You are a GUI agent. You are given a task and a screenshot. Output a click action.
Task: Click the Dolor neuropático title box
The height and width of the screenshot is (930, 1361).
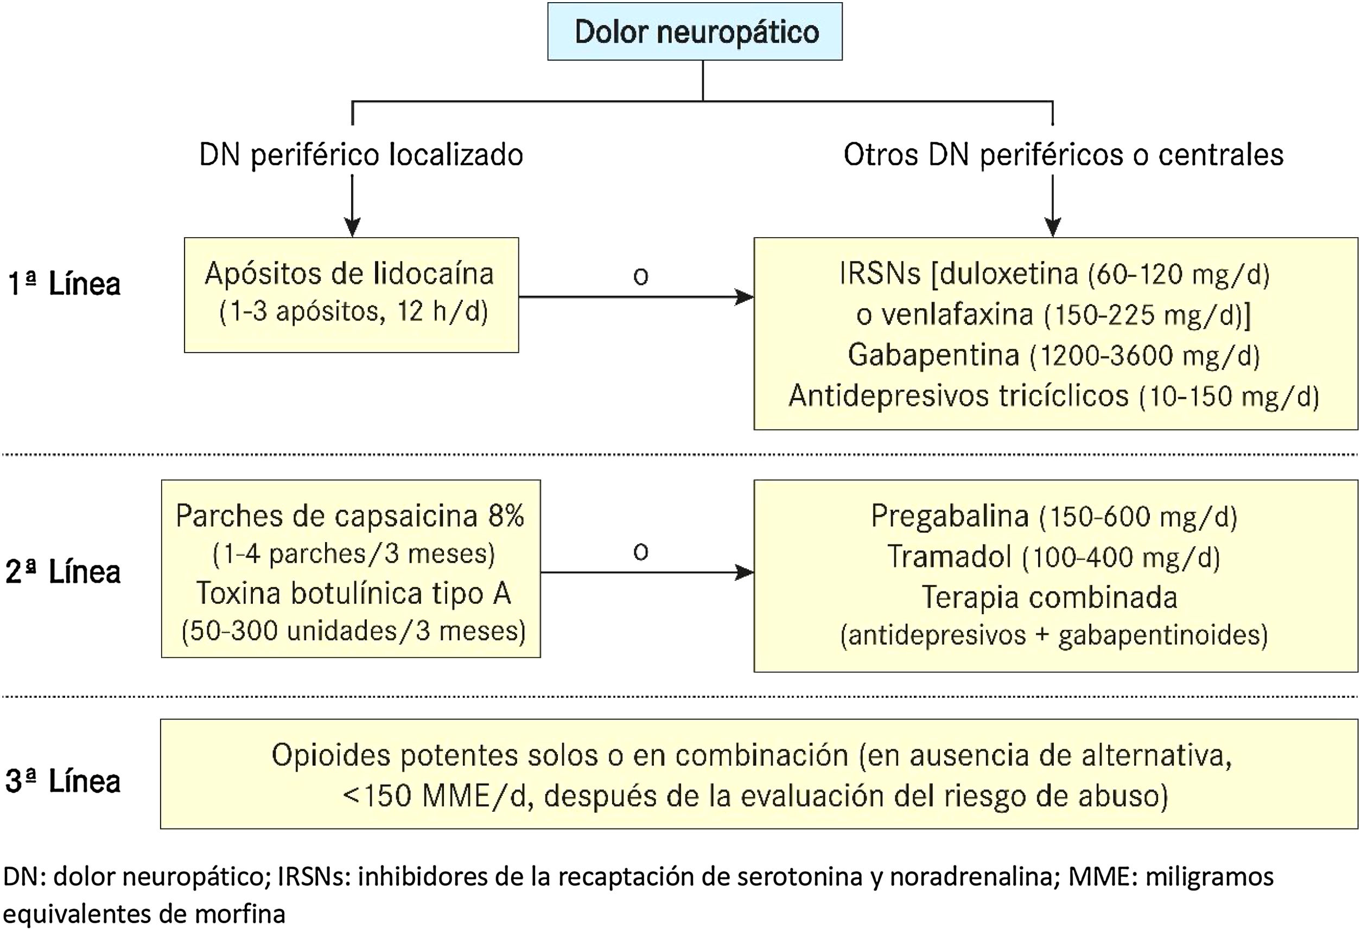[x=695, y=31]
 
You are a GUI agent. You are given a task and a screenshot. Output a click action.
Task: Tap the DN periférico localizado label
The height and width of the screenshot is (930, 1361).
[x=361, y=155]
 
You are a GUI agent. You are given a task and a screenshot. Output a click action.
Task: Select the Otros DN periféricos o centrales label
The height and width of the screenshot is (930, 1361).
[x=1063, y=155]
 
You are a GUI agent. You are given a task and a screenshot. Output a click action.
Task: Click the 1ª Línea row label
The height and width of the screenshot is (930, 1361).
[x=64, y=284]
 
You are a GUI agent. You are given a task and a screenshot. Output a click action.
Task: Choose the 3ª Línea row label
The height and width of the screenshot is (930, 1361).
[x=63, y=781]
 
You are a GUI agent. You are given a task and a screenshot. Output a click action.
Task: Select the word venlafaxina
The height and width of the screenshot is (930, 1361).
[x=958, y=315]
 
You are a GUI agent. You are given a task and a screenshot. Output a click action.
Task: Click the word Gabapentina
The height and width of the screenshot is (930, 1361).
[x=933, y=355]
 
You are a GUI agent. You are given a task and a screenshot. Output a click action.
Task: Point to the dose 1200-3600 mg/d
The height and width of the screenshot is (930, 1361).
[x=1145, y=356]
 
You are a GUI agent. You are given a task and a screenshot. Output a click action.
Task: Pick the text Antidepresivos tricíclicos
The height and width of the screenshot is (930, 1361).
[x=958, y=396]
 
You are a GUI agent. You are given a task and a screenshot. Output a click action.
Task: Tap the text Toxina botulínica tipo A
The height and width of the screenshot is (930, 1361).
[x=354, y=594]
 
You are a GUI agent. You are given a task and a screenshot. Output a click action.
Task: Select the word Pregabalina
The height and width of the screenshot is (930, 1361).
[x=950, y=517]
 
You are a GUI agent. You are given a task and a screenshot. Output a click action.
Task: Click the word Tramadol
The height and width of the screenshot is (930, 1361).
[x=950, y=557]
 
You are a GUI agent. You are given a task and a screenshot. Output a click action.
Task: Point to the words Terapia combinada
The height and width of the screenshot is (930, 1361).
[x=1050, y=598]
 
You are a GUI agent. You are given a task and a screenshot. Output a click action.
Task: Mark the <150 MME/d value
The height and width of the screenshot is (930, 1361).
[x=436, y=797]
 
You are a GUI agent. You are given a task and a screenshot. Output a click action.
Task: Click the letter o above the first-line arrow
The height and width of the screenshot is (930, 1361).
[x=641, y=276]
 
